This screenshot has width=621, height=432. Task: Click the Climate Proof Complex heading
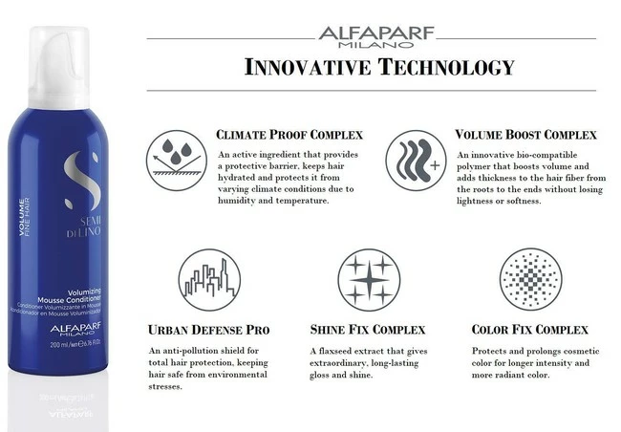pyautogui.click(x=284, y=135)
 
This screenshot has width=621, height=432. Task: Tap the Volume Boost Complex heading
pyautogui.click(x=525, y=135)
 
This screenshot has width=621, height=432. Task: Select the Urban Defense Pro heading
pyautogui.click(x=209, y=330)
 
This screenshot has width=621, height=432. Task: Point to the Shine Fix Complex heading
pyautogui.click(x=367, y=330)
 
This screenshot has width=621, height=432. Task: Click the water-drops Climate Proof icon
pyautogui.click(x=177, y=155)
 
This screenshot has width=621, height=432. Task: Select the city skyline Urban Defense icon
pyautogui.click(x=209, y=279)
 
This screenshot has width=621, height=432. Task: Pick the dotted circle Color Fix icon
pyautogui.click(x=529, y=279)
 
